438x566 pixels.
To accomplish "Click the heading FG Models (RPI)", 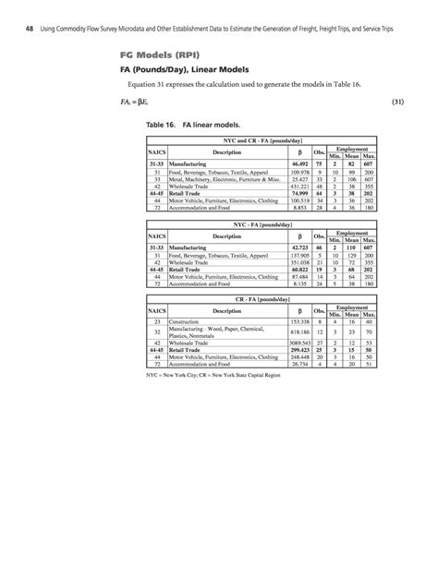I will pyautogui.click(x=147, y=54).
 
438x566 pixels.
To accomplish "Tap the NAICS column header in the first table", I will pyautogui.click(x=157, y=151).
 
